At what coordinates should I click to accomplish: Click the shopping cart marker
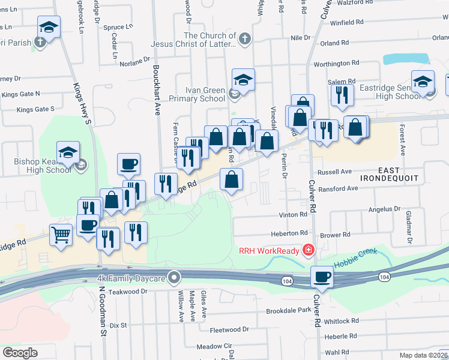tap(61, 234)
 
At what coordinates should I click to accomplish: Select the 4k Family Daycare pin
tap(175, 277)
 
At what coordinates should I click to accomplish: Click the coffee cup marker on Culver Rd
tap(322, 277)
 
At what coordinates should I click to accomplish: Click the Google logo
tap(20, 352)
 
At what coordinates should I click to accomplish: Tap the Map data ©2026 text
tap(423, 355)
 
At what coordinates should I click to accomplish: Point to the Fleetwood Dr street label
tap(229, 329)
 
